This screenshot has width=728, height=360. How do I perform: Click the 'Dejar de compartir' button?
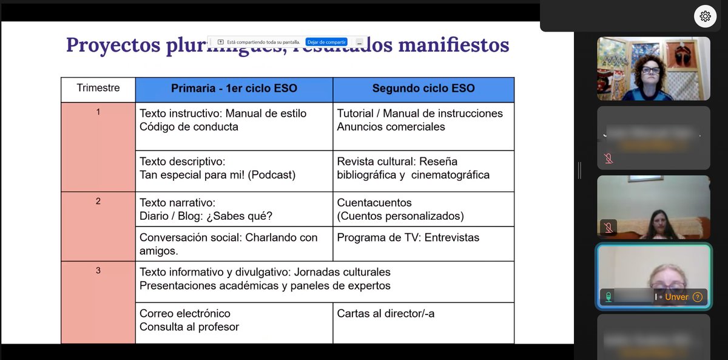pyautogui.click(x=326, y=42)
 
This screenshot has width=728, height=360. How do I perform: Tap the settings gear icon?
pyautogui.click(x=705, y=16)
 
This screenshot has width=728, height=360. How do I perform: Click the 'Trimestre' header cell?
pyautogui.click(x=98, y=88)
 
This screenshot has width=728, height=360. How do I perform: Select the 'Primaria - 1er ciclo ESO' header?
pyautogui.click(x=234, y=89)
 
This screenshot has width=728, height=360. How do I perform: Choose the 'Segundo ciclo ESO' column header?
pyautogui.click(x=423, y=89)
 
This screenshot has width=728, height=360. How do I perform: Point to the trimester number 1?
pyautogui.click(x=98, y=112)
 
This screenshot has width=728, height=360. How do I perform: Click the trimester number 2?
pyautogui.click(x=98, y=201)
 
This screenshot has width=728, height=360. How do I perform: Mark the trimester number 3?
pyautogui.click(x=98, y=271)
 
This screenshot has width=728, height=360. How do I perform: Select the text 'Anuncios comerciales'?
pyautogui.click(x=391, y=127)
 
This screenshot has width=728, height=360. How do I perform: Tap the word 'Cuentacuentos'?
pyautogui.click(x=374, y=202)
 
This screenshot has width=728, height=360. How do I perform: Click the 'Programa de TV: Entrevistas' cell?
pyautogui.click(x=408, y=237)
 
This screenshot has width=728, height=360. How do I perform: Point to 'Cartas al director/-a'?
pyautogui.click(x=386, y=313)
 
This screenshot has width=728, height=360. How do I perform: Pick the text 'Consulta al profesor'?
pyautogui.click(x=189, y=327)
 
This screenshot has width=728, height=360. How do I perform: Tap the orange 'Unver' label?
pyautogui.click(x=676, y=297)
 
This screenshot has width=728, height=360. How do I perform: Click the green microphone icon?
pyautogui.click(x=607, y=297)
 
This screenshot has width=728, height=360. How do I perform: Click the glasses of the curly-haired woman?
pyautogui.click(x=650, y=70)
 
